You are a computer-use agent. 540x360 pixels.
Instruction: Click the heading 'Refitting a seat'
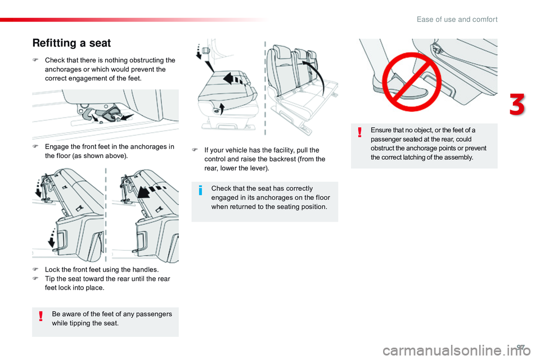click(71, 43)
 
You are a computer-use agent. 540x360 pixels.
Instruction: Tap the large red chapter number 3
click(517, 104)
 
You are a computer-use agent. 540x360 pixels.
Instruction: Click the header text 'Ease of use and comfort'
click(457, 20)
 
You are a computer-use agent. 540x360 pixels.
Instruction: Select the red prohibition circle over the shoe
click(412, 82)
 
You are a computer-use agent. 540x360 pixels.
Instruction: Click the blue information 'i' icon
click(200, 190)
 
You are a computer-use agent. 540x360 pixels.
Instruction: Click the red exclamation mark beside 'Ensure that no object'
click(360, 132)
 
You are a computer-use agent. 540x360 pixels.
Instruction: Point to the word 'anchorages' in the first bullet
click(63, 69)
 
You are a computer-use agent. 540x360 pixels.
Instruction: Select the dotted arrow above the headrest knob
click(199, 51)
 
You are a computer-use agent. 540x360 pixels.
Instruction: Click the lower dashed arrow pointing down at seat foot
click(52, 237)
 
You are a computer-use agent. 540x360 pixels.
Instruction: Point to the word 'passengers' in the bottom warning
click(154, 314)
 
